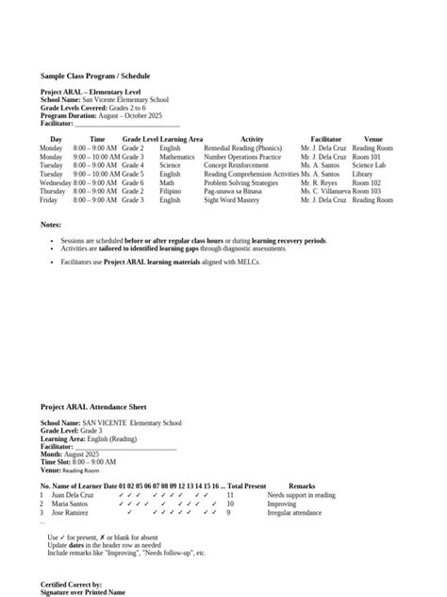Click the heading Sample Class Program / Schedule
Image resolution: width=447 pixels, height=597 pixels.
coord(94,76)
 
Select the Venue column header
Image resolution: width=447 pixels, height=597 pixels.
coord(372,139)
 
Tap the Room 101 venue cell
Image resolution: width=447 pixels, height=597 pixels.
coord(367,157)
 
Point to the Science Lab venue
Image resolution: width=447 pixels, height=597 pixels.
coord(369,165)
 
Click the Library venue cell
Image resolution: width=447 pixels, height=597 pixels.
coord(362,174)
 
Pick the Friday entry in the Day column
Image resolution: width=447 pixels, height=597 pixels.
coord(49,200)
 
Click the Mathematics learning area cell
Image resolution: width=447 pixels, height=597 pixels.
coord(176,157)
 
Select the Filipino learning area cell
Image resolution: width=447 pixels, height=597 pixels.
coord(170,191)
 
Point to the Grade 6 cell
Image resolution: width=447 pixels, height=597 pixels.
coord(133,182)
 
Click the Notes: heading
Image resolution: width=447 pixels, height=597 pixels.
coord(51,224)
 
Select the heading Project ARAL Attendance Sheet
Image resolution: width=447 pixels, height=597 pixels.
coord(92,406)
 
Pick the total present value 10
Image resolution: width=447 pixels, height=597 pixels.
coord(230,503)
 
